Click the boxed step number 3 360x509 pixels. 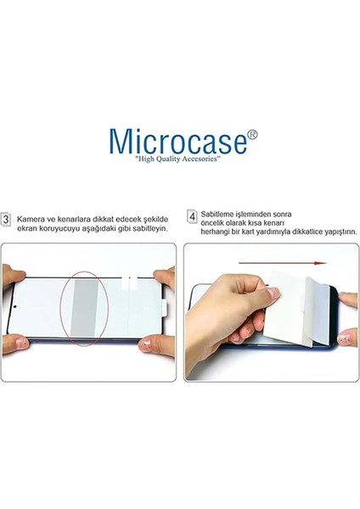(7, 220)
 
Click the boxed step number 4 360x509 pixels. (192, 215)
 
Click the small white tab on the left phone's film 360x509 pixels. (129, 278)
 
